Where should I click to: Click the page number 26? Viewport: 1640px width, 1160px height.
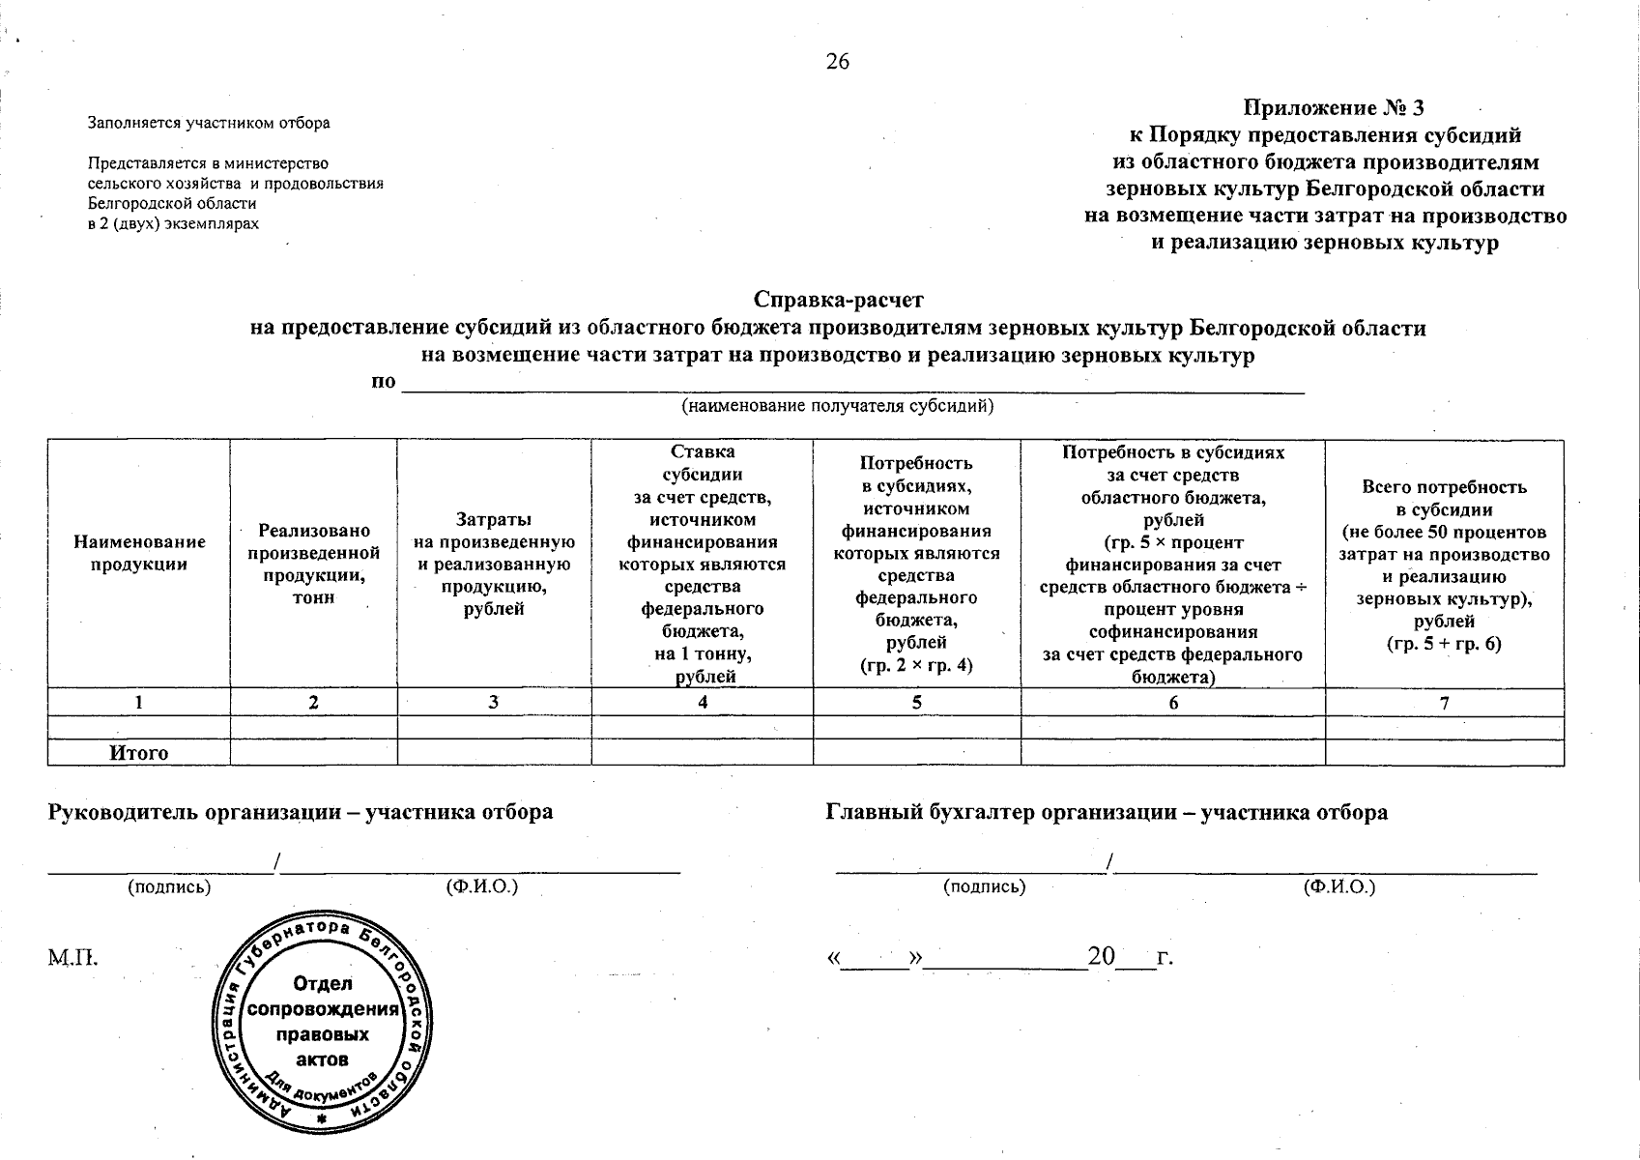point(838,62)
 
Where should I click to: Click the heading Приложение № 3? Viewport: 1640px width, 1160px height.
point(1334,107)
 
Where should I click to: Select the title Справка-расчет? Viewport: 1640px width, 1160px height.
point(838,300)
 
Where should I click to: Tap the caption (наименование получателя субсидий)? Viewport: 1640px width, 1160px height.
point(838,406)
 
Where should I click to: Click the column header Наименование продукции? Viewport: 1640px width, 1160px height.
point(139,554)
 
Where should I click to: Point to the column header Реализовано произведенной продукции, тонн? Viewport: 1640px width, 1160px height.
point(313,564)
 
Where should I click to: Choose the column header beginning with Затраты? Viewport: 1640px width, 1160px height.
point(494,564)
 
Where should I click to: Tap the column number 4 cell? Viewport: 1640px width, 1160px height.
point(703,703)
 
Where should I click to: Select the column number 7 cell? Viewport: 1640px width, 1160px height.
point(1444,703)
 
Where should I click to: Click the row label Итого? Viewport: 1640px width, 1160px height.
point(139,753)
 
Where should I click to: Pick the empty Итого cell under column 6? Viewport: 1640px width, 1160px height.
point(1172,753)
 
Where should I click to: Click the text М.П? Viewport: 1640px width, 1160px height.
point(73,959)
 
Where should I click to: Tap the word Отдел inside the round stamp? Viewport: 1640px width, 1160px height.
point(323,983)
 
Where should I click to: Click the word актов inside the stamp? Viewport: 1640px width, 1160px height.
point(323,1059)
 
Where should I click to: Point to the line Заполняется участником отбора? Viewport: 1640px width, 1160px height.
point(209,123)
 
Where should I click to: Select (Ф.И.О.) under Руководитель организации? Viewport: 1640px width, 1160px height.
point(482,885)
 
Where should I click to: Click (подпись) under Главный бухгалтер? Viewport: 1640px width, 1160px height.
point(984,885)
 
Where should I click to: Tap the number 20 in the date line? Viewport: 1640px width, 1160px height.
point(1101,957)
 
